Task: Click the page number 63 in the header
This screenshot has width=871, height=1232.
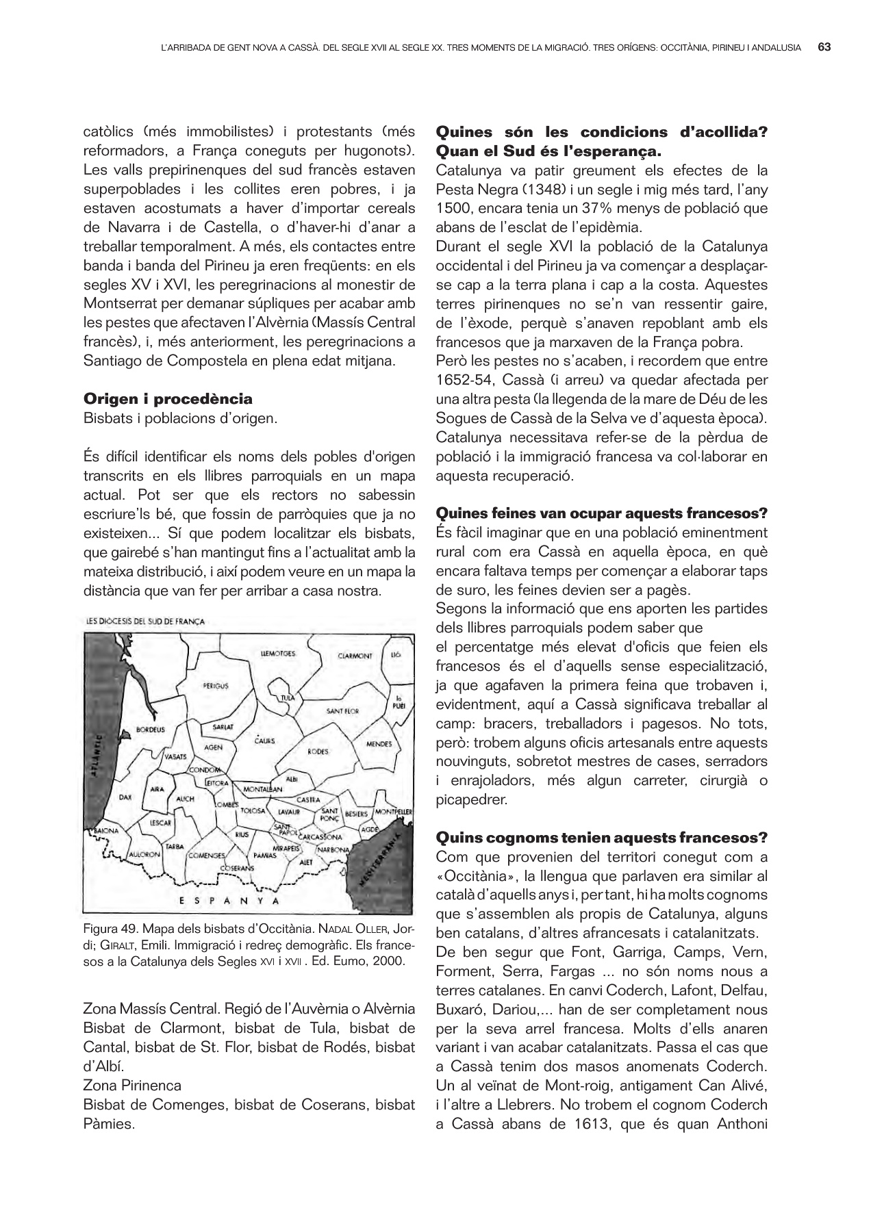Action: (x=824, y=47)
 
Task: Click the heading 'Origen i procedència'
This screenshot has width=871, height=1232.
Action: (x=168, y=398)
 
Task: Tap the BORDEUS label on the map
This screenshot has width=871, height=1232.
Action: (x=151, y=730)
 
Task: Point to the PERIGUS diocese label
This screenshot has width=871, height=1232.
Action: (x=215, y=685)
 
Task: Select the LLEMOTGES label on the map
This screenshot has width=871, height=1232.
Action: (x=278, y=654)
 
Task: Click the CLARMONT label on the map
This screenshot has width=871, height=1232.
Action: (x=355, y=656)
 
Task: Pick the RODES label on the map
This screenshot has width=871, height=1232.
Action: (x=318, y=752)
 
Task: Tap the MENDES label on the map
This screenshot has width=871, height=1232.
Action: (x=379, y=744)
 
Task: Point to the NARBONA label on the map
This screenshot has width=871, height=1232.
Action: (x=333, y=850)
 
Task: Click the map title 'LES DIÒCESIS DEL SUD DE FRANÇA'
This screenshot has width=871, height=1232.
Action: (x=145, y=621)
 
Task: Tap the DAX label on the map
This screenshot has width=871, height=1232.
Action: (x=125, y=797)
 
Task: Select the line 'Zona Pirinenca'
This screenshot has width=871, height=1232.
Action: (x=132, y=1085)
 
